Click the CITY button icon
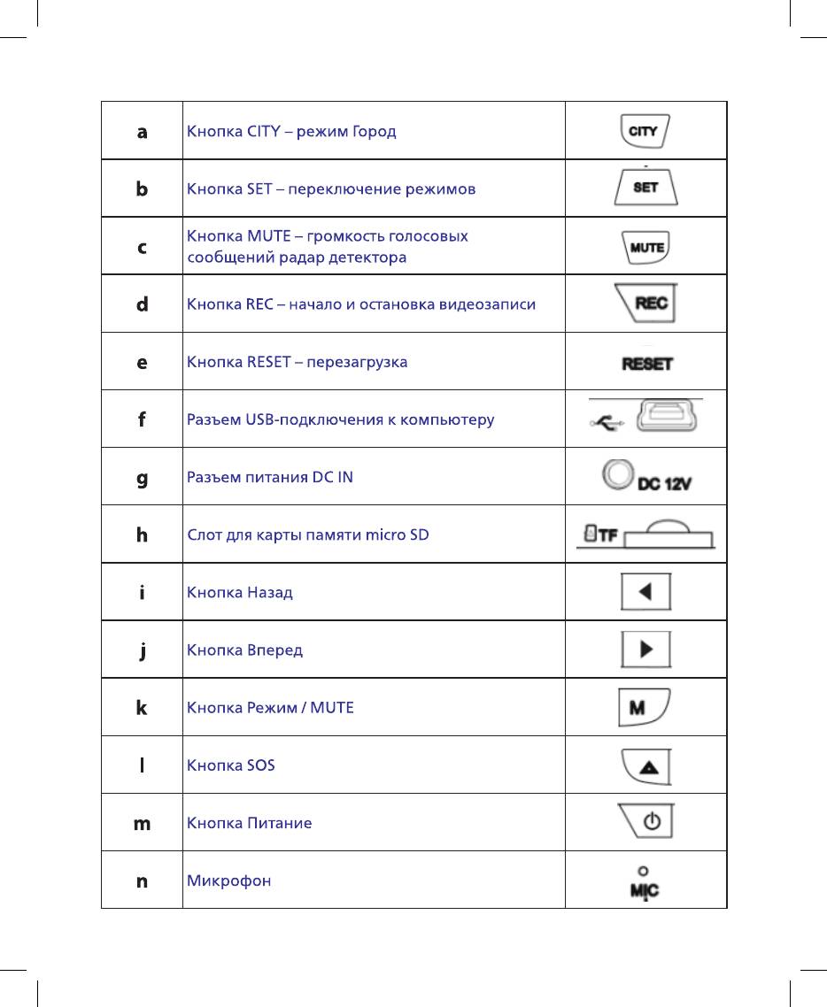point(645,131)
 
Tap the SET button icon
point(646,188)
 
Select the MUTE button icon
point(646,247)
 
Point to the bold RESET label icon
point(647,363)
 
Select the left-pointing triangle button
point(645,592)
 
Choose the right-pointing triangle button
point(645,650)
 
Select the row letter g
point(142,478)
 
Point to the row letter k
point(142,708)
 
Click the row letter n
point(142,881)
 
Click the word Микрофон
point(228,881)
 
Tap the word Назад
point(268,592)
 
